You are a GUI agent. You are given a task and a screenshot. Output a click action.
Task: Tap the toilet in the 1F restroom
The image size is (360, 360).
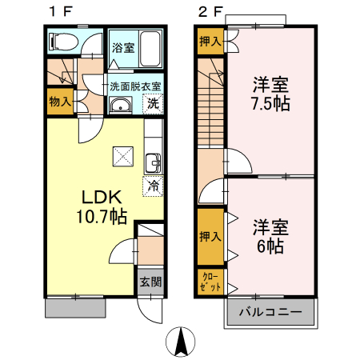[64, 41]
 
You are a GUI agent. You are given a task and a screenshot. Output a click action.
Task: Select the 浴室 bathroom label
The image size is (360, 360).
[122, 46]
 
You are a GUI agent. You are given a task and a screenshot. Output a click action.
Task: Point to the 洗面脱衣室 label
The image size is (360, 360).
[136, 86]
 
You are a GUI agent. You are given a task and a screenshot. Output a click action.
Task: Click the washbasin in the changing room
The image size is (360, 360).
[121, 106]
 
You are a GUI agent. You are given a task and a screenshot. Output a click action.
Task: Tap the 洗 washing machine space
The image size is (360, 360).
[152, 102]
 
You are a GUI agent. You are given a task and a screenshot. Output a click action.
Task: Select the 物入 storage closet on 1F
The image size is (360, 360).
[59, 101]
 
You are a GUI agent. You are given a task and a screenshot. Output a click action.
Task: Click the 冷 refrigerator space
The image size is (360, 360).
[152, 186]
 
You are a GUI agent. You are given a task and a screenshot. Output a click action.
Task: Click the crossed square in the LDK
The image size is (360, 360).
[122, 155]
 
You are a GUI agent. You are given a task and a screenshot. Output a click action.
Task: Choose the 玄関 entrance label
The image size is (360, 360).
[150, 282]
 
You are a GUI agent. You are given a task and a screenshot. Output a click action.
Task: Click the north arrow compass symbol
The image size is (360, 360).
[183, 342]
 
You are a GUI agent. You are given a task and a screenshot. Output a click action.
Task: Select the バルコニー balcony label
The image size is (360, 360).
[271, 311]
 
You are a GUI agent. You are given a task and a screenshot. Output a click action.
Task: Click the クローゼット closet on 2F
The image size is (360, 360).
[211, 282]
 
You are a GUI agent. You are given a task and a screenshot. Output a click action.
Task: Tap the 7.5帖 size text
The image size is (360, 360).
[271, 104]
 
